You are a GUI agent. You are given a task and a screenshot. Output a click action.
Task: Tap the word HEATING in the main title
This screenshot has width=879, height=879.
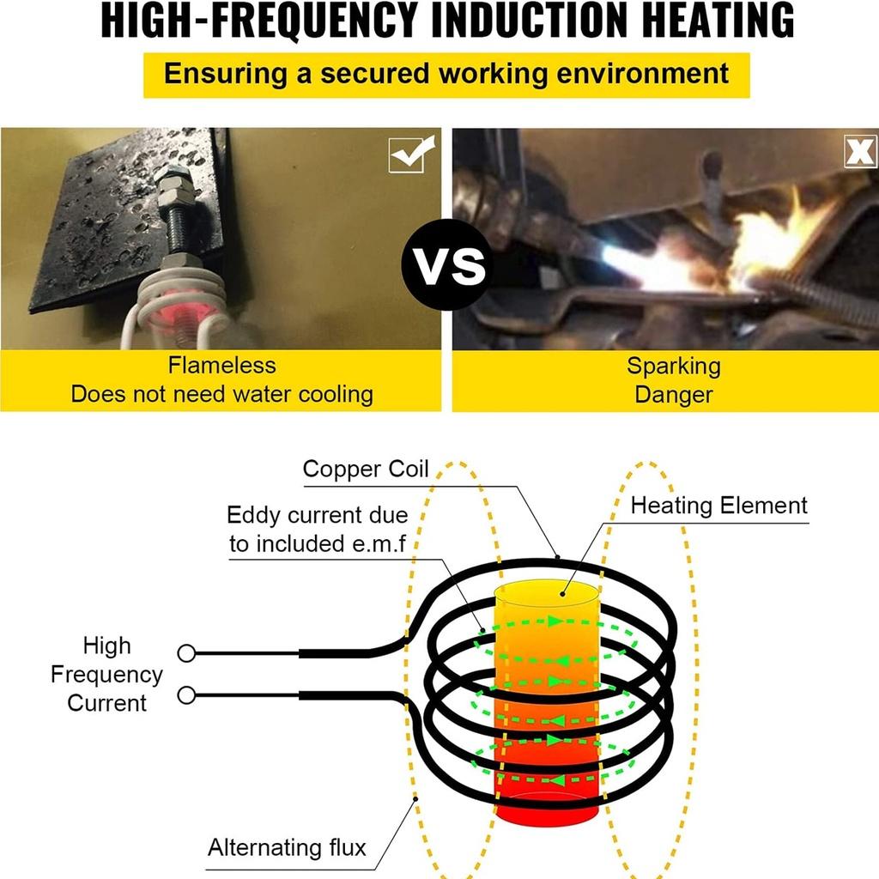pyautogui.click(x=718, y=21)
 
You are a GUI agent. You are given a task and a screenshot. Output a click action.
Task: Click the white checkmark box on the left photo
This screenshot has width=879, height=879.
pyautogui.click(x=411, y=154)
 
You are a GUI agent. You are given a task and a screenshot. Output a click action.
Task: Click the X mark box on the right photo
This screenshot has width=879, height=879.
pyautogui.click(x=860, y=151)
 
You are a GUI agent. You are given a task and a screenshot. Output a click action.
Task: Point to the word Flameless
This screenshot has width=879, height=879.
pyautogui.click(x=222, y=366)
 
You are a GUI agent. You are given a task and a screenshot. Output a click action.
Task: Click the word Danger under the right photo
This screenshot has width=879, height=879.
pyautogui.click(x=674, y=395)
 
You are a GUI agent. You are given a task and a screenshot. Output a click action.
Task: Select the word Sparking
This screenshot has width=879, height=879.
pyautogui.click(x=674, y=367)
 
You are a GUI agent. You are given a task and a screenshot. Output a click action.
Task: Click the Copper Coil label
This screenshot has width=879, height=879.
pyautogui.click(x=366, y=469)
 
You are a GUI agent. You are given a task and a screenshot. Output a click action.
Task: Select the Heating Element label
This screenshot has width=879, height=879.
pyautogui.click(x=718, y=505)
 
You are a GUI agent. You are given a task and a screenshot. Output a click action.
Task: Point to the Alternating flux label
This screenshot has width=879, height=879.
pyautogui.click(x=287, y=847)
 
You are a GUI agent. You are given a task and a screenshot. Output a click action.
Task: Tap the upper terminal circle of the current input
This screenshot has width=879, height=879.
pyautogui.click(x=186, y=653)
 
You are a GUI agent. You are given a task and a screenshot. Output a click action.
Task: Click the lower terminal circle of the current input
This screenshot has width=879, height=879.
pyautogui.click(x=186, y=695)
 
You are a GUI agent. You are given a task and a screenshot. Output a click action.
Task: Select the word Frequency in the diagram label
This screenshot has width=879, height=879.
pyautogui.click(x=106, y=675)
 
